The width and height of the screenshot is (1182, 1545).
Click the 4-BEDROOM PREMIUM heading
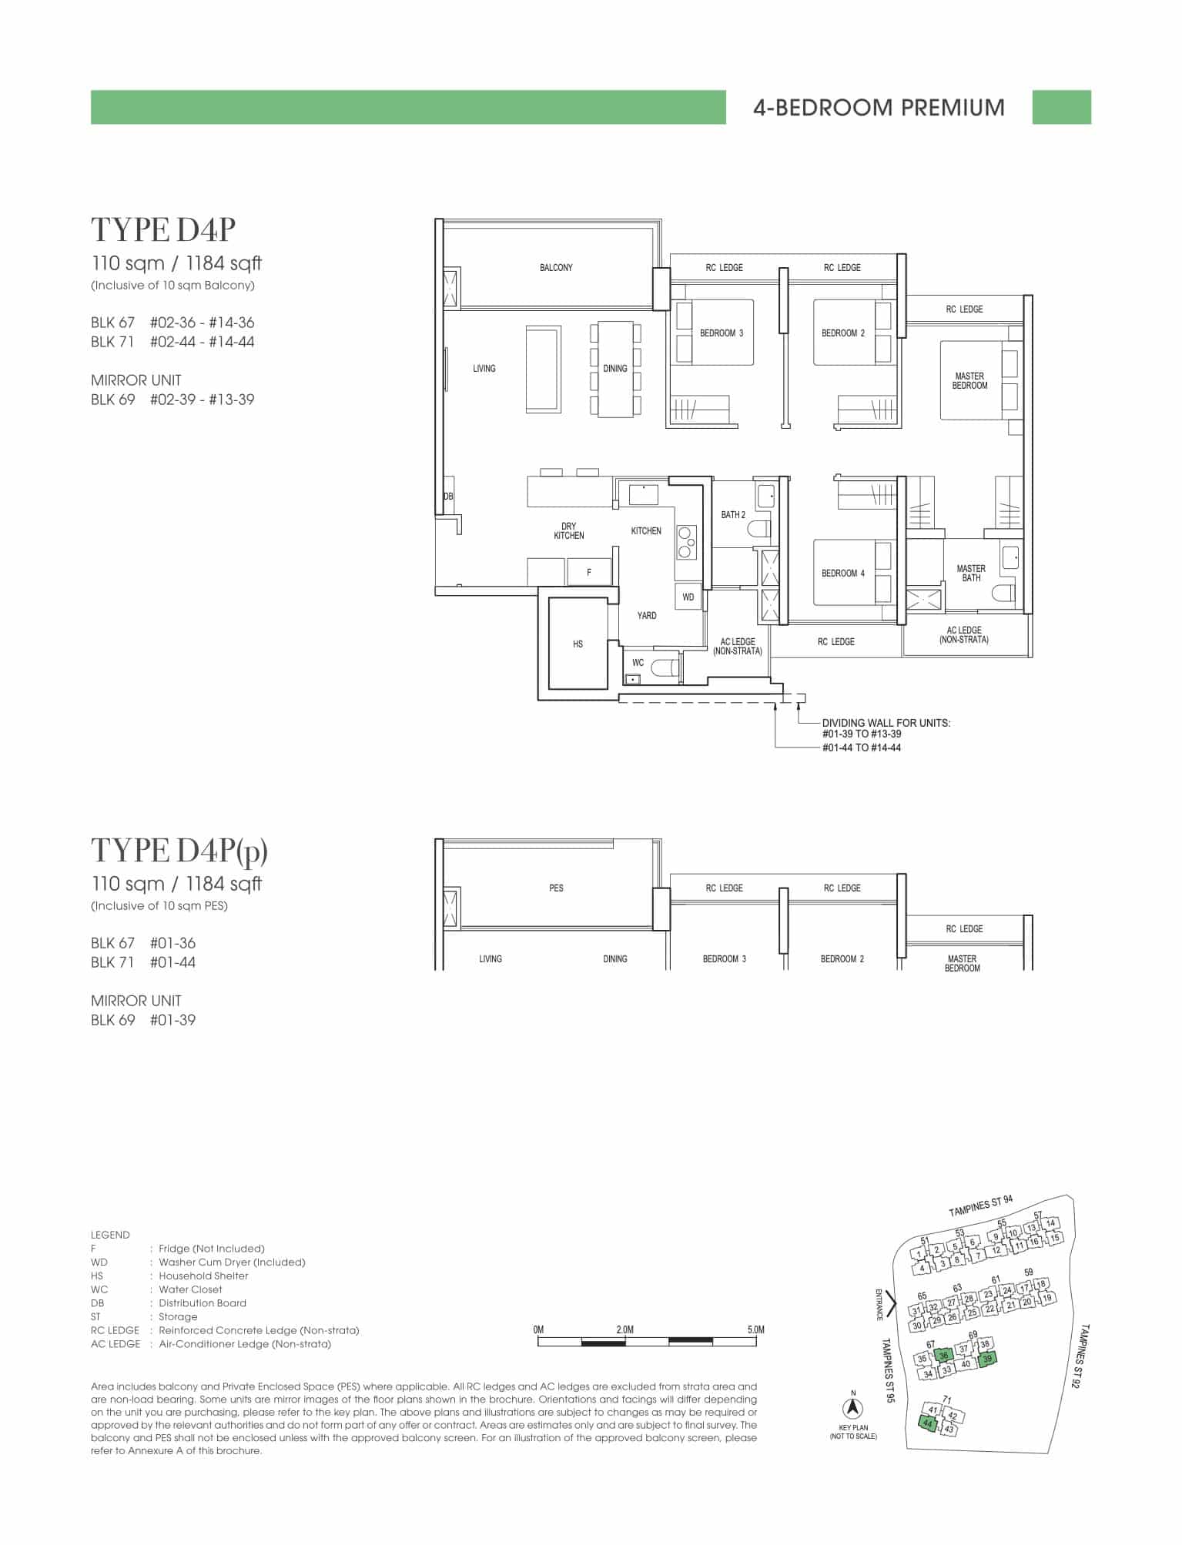879,107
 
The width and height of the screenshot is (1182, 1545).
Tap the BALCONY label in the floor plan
556,268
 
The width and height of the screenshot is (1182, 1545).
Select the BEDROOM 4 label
842,573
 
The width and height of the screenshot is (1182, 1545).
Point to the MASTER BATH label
971,573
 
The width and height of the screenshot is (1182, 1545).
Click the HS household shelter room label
578,644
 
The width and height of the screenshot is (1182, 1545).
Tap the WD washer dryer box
688,597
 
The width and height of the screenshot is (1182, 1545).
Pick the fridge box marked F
589,572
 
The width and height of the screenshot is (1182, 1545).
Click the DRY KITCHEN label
569,531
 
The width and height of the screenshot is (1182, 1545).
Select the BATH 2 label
733,514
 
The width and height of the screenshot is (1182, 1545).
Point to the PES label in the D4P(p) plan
556,888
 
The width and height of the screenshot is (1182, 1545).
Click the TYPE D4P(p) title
179,851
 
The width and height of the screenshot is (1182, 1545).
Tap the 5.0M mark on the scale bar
755,1329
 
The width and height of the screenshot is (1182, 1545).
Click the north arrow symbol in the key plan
853,1408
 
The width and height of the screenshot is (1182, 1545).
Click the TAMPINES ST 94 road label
981,1206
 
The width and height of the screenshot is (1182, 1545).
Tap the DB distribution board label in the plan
448,497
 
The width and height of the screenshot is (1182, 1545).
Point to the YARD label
647,616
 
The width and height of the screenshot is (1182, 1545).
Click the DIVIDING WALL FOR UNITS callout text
886,723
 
